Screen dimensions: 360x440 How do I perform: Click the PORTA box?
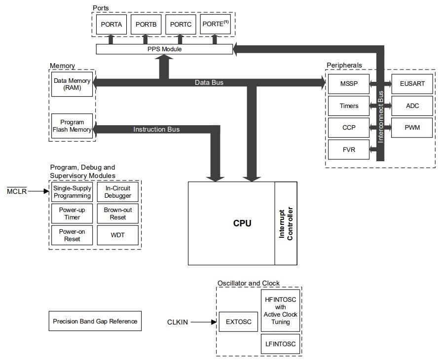point(111,24)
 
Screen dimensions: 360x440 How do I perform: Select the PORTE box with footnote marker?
point(215,24)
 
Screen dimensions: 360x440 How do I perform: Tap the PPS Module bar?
point(164,49)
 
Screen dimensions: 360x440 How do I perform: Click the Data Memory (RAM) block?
point(72,84)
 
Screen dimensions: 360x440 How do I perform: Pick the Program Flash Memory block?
point(72,126)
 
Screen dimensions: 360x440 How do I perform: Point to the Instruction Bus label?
point(156,130)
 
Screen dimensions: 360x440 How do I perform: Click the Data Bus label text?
point(209,82)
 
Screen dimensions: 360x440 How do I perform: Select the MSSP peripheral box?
point(348,84)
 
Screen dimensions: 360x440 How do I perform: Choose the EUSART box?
point(412,84)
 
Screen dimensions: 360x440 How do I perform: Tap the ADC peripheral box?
point(412,106)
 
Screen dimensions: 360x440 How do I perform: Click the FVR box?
point(348,149)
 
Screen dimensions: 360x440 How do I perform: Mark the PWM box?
point(412,128)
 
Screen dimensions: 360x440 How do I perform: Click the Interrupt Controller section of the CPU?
point(286,223)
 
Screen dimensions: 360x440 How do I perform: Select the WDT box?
point(118,235)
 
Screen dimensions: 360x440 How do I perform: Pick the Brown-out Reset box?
point(118,214)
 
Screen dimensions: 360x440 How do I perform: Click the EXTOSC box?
point(239,322)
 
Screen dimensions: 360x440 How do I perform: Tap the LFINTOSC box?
point(280,344)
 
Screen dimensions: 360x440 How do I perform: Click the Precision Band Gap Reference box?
point(95,321)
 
